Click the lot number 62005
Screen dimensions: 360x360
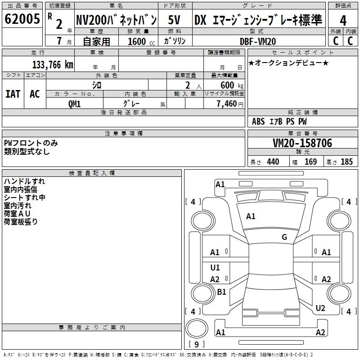(22, 19)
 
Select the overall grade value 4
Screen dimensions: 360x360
(343, 21)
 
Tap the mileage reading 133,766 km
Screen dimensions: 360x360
(53, 65)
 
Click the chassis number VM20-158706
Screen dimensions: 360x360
(302, 143)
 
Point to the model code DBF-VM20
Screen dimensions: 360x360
(258, 41)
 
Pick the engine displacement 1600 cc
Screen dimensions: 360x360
(141, 41)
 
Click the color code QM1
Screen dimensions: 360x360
(74, 104)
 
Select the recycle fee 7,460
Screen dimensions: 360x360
(227, 104)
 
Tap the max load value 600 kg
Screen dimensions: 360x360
(232, 85)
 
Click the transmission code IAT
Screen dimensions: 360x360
(13, 94)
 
